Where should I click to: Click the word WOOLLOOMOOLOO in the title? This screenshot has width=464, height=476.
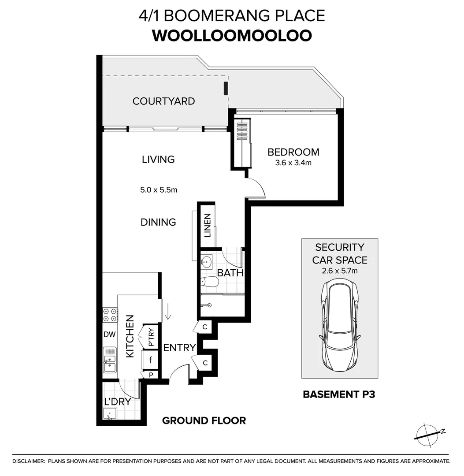[x=232, y=36]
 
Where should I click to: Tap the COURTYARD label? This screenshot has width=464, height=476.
[x=163, y=101]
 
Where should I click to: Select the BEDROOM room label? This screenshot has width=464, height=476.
[x=293, y=152]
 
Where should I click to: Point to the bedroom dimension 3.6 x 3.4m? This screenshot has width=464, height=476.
[x=293, y=163]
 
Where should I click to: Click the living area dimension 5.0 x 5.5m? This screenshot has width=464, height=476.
[x=159, y=190]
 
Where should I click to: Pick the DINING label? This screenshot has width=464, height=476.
[x=158, y=222]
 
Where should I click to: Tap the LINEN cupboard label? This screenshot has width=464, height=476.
[x=208, y=225]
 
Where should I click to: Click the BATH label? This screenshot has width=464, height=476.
[x=230, y=273]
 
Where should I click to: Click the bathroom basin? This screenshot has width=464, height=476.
[x=206, y=261]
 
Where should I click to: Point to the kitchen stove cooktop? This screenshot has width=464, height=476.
[x=110, y=314]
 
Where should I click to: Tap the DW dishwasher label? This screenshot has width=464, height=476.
[x=109, y=335]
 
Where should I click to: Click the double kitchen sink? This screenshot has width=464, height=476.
[x=109, y=360]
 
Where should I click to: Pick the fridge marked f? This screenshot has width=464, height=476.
[x=151, y=360]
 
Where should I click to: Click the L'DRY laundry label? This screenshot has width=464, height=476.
[x=117, y=402]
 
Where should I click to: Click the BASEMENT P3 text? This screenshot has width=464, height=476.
[x=339, y=394]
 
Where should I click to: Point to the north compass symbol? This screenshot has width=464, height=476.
[x=429, y=432]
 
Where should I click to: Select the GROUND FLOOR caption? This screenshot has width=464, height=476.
[x=204, y=420]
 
